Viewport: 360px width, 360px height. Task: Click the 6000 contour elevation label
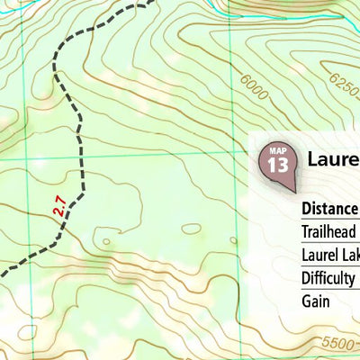[x=255, y=90]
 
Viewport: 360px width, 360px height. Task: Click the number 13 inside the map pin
[x=278, y=166]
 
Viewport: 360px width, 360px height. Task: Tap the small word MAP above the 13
[x=278, y=151]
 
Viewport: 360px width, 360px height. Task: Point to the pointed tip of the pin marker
[x=293, y=191]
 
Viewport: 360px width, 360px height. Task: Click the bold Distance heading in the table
[x=330, y=209]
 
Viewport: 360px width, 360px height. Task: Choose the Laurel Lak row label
[x=330, y=255]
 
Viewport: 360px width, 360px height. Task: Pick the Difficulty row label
[x=329, y=278]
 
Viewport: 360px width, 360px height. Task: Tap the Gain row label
[x=316, y=301]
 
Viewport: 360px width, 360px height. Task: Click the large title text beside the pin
[x=332, y=160]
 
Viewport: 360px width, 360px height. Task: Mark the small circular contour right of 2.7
[x=107, y=241]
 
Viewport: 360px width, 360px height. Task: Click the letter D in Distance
[x=307, y=209]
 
